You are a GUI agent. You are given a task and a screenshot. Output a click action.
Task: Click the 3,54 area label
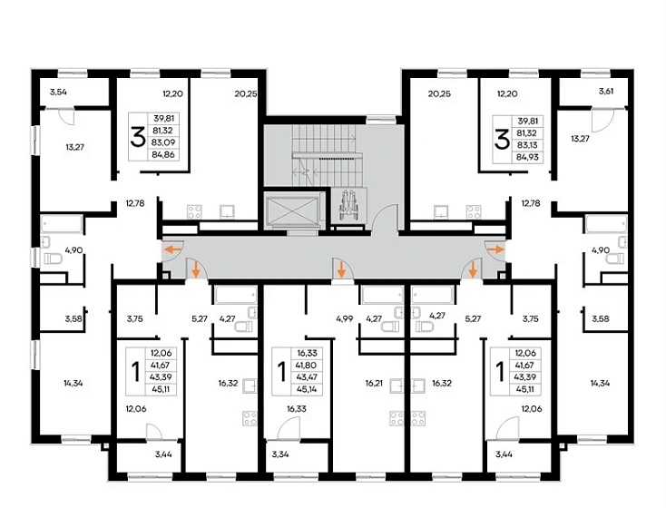coord(58,92)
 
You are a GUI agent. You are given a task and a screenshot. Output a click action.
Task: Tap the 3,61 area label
coord(606,91)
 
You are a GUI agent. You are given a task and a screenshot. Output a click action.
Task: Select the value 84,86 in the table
coord(163,154)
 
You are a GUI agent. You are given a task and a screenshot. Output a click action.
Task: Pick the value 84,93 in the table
coord(527,157)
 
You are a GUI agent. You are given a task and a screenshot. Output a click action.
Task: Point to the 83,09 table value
coord(163,142)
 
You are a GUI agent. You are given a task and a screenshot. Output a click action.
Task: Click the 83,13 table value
coord(527,145)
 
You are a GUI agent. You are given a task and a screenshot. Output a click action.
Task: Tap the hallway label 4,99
coord(345,318)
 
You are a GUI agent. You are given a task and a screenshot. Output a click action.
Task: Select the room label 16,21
coord(374,383)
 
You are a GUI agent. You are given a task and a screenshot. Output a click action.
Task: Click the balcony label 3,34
coord(280,454)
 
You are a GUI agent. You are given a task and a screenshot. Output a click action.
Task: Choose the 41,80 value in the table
coord(308,366)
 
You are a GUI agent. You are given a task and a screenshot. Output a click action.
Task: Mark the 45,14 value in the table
coord(308,389)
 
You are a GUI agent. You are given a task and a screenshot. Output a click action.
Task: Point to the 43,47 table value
coord(308,377)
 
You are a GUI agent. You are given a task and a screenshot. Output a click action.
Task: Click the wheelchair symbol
coord(349,205)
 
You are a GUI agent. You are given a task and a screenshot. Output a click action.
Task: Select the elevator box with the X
coord(292,210)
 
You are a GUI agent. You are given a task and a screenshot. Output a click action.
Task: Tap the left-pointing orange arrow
coord(173,249)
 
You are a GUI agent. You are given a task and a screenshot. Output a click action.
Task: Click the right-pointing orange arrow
coord(495,249)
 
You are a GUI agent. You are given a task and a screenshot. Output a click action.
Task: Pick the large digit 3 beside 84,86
coord(138,137)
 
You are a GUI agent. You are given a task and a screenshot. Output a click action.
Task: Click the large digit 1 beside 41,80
coord(281,372)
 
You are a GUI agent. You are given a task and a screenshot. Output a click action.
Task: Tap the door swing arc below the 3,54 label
coord(67,116)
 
